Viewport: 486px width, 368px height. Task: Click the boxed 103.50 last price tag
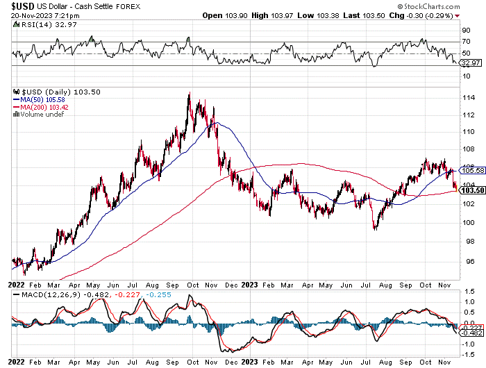click(x=472, y=190)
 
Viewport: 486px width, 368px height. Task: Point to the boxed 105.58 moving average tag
click(x=472, y=170)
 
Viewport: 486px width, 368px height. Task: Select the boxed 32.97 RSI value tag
click(x=471, y=63)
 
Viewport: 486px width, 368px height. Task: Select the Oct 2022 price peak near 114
click(x=189, y=94)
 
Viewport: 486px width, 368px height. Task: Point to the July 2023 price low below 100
click(x=375, y=228)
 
